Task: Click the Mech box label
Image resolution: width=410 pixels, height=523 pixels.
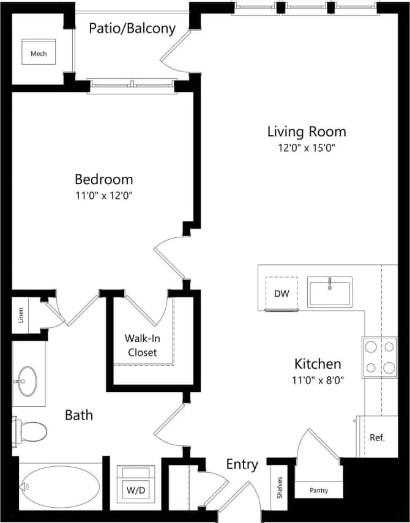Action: pyautogui.click(x=39, y=54)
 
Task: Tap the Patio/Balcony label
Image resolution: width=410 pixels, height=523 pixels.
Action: pyautogui.click(x=132, y=28)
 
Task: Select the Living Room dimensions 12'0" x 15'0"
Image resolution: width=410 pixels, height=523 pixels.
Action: pyautogui.click(x=306, y=147)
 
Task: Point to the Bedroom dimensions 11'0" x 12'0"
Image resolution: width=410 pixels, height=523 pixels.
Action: pyautogui.click(x=103, y=196)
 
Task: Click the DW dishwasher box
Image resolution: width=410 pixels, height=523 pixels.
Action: pyautogui.click(x=281, y=294)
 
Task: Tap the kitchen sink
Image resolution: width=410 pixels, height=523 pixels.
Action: pyautogui.click(x=330, y=292)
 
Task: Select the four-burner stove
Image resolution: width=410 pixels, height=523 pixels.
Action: pyautogui.click(x=379, y=357)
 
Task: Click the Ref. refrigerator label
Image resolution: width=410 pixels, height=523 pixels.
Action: pyautogui.click(x=377, y=437)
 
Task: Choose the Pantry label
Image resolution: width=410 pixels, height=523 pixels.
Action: pyautogui.click(x=318, y=490)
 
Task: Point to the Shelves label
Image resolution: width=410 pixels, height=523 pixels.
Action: pyautogui.click(x=280, y=488)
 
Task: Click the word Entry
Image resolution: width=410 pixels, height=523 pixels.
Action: pyautogui.click(x=242, y=464)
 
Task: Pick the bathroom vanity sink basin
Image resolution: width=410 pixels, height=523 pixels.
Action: pyautogui.click(x=27, y=382)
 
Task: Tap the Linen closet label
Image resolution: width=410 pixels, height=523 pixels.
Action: pyautogui.click(x=20, y=314)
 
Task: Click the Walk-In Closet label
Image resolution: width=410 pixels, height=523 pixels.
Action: pyautogui.click(x=141, y=345)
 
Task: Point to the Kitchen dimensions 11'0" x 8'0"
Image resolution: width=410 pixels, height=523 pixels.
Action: pyautogui.click(x=318, y=379)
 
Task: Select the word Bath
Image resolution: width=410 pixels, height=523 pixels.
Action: pyautogui.click(x=79, y=415)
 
